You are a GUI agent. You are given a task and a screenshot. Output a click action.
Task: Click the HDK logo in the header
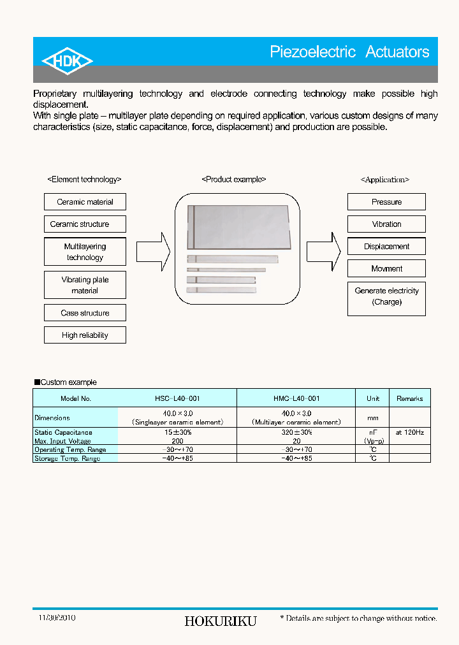point(67,61)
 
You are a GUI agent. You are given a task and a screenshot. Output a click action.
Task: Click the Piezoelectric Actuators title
point(349,52)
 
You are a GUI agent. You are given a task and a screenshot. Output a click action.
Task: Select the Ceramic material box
point(85,202)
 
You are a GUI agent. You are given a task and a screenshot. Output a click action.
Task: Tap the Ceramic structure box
point(85,224)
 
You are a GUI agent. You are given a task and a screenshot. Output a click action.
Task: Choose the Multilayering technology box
point(85,252)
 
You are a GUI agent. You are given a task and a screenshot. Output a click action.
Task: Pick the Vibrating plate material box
point(85,285)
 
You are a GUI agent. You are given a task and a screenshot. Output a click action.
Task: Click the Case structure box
point(85,313)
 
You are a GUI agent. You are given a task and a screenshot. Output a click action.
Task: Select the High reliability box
point(85,335)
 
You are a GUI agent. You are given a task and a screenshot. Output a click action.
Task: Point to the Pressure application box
point(386,202)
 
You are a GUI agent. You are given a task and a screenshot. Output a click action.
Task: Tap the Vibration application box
point(386,224)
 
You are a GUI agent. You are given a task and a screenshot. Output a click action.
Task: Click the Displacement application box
point(386,247)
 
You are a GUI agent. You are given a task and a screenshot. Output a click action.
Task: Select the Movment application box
point(386,269)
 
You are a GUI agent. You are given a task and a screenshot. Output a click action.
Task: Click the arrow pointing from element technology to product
point(153,252)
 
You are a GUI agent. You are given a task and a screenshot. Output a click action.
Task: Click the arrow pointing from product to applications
point(323,252)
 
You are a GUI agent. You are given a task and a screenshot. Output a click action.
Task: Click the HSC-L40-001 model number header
point(177,398)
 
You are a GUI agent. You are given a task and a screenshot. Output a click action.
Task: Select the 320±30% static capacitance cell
point(296,433)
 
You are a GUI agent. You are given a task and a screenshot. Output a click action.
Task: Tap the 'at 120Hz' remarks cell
point(409,433)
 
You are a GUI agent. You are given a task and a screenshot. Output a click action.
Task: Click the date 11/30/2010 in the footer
point(57,618)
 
